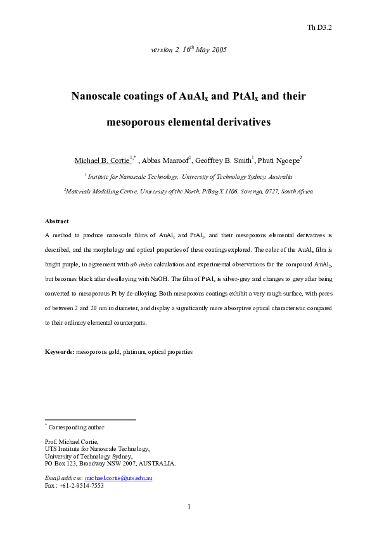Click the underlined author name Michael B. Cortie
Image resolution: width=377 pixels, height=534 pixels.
point(102,161)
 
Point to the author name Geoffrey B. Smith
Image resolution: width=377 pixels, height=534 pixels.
point(224,161)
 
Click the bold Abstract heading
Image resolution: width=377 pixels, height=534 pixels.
point(57,221)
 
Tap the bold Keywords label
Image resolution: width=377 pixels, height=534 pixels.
point(60,351)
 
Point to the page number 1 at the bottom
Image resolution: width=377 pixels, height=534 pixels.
point(189,506)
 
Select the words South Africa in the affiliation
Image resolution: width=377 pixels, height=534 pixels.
point(295,191)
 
